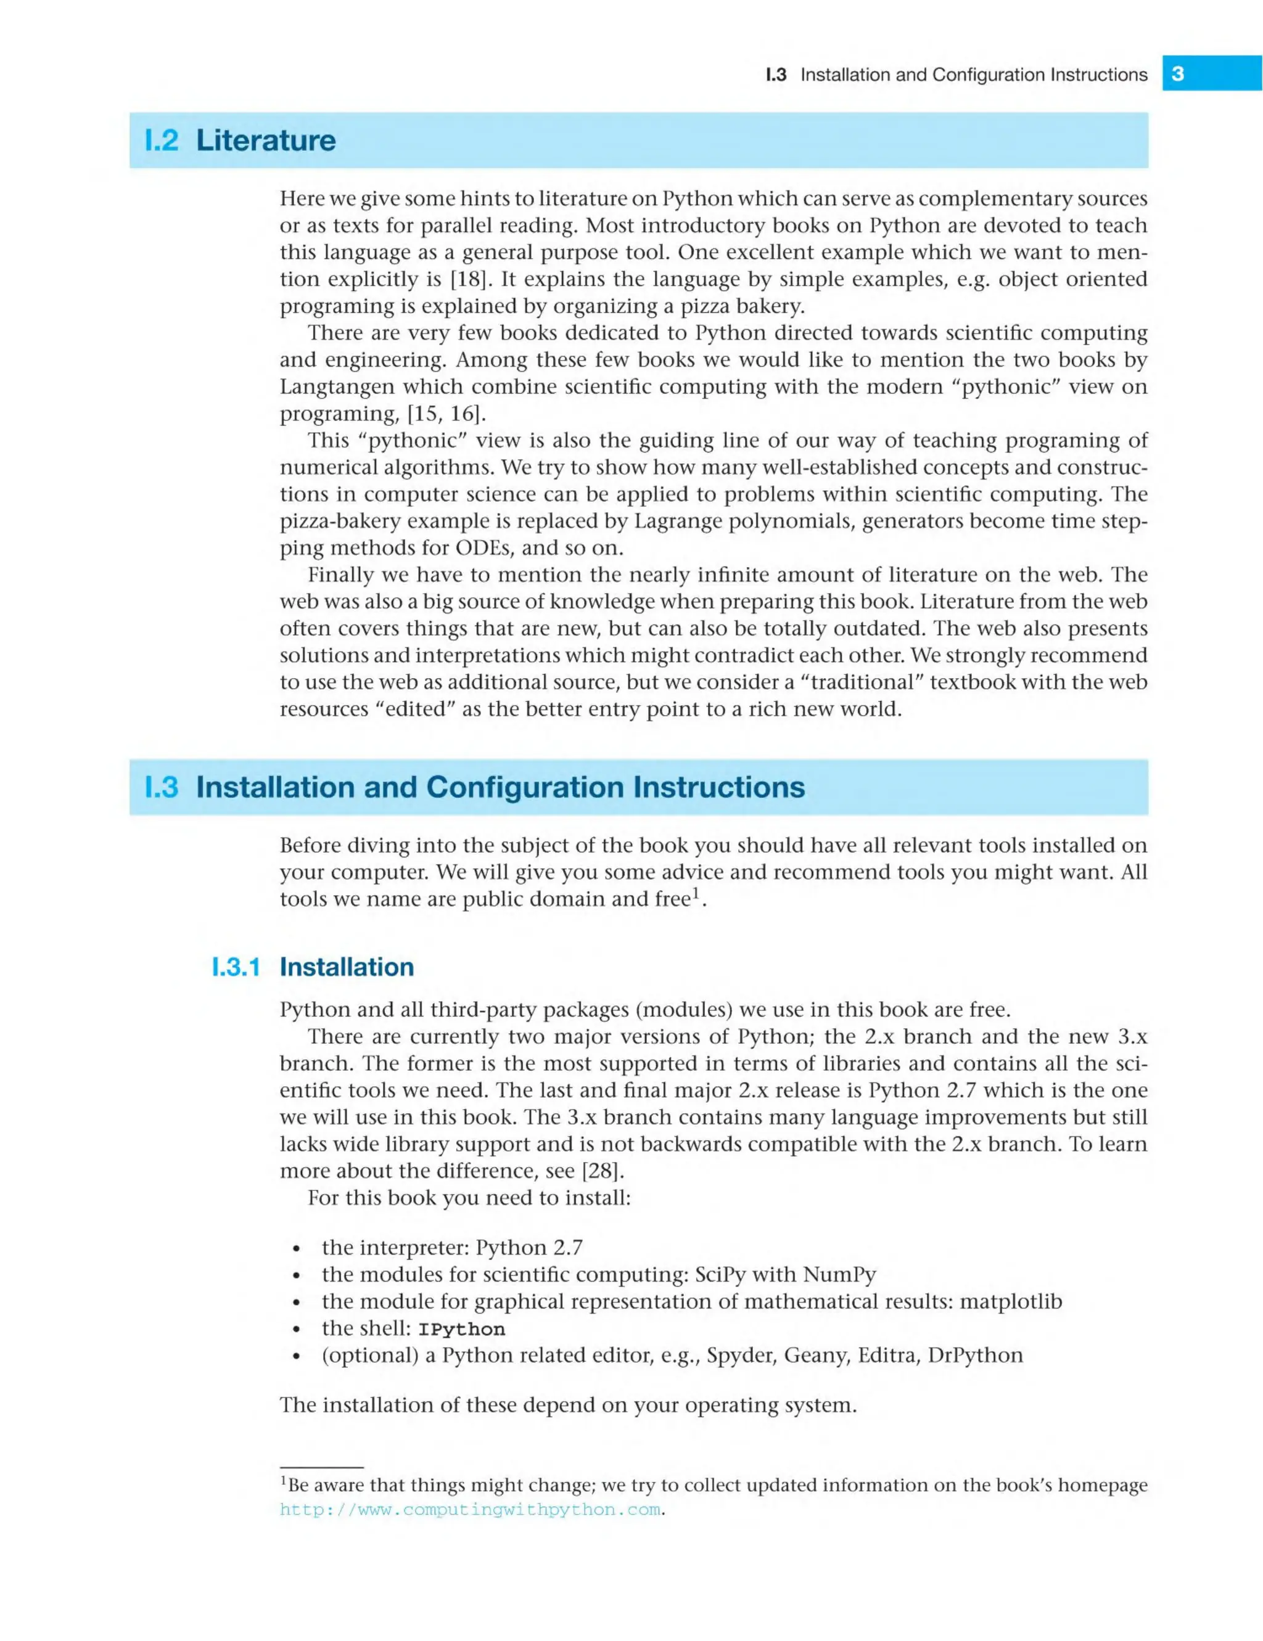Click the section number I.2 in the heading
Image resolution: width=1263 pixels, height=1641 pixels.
click(162, 141)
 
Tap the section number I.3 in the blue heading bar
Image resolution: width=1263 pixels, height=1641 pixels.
click(162, 787)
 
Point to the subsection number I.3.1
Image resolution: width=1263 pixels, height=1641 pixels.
click(236, 967)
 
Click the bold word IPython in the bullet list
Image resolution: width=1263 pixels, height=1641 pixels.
click(461, 1329)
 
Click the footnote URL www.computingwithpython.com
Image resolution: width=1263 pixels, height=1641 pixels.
click(471, 1510)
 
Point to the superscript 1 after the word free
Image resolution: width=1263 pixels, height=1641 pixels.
click(696, 893)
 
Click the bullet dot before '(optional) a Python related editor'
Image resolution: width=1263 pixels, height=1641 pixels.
click(297, 1357)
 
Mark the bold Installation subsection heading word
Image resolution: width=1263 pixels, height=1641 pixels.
click(347, 967)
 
